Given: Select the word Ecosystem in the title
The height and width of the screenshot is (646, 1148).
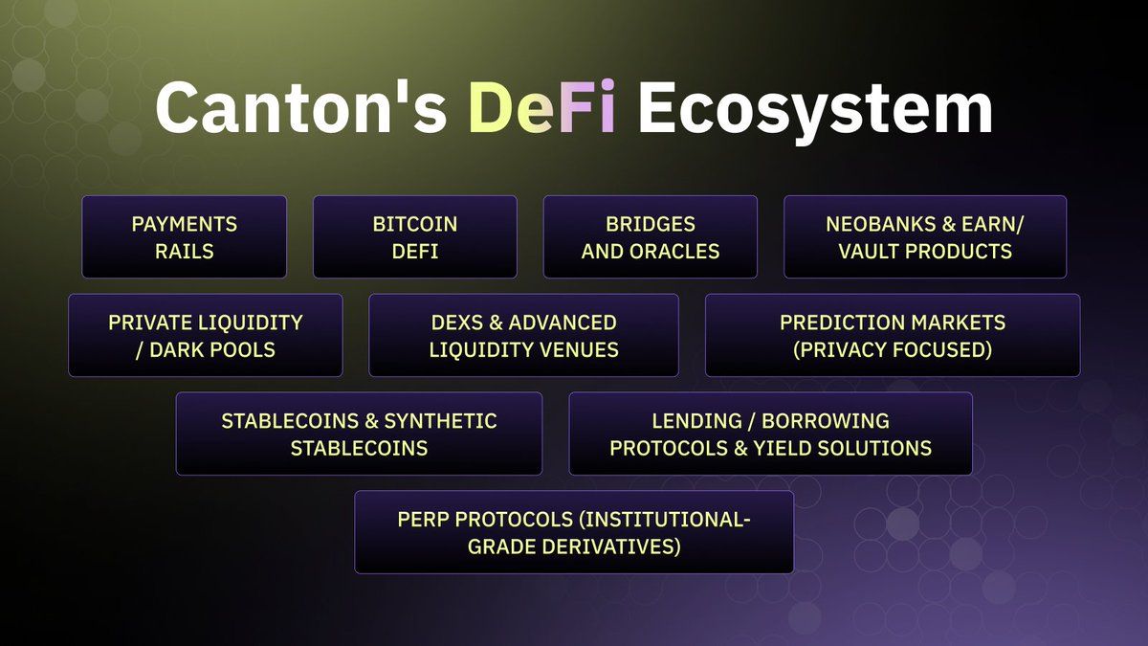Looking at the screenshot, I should (815, 106).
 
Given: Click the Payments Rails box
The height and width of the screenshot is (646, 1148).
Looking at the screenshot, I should (184, 237).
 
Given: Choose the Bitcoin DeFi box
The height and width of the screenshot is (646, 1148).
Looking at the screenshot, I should (415, 237).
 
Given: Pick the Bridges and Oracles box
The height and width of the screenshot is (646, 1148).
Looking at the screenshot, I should (651, 237).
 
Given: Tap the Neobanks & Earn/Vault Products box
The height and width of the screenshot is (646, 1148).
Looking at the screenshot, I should (925, 237).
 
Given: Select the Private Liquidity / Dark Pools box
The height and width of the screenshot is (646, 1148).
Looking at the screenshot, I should (206, 335).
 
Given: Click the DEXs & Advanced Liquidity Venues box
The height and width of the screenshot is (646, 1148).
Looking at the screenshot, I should (523, 335).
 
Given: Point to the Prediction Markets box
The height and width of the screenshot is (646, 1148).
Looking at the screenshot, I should (893, 335).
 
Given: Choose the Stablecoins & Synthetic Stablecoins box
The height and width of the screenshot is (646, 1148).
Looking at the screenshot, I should (359, 434).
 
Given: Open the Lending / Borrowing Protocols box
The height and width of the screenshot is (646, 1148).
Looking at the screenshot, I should (770, 434).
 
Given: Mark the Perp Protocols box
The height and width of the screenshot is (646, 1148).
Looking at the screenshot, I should (574, 532).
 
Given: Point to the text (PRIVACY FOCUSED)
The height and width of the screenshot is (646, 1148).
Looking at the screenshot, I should (893, 349).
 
